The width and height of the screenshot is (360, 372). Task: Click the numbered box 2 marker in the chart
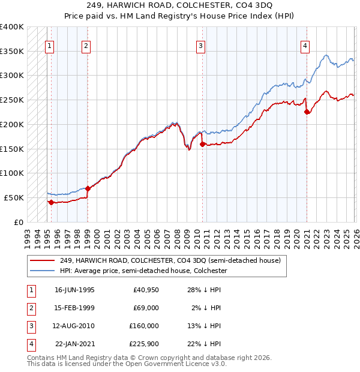click(86, 45)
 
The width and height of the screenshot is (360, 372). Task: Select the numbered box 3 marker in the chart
click(200, 45)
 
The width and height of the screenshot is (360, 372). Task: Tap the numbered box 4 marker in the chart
click(305, 45)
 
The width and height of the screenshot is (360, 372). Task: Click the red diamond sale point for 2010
click(202, 144)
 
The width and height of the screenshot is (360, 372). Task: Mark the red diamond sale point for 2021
click(307, 112)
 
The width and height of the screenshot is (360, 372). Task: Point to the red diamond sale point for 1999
click(88, 188)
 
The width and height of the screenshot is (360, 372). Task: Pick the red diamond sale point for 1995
click(51, 202)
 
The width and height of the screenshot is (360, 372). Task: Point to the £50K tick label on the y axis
click(14, 197)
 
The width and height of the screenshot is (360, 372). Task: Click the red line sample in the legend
click(42, 261)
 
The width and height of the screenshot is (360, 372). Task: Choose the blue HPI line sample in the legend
click(42, 271)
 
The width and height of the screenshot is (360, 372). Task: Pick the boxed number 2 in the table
click(29, 308)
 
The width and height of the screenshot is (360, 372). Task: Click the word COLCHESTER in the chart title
click(229, 8)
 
